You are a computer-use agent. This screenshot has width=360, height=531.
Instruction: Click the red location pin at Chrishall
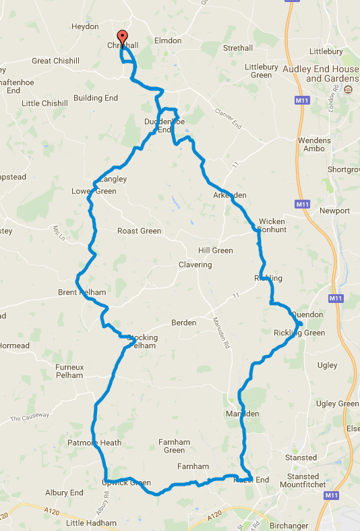[122, 37]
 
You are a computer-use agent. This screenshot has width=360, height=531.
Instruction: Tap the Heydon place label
[85, 27]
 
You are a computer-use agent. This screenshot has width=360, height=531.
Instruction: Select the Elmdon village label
[168, 40]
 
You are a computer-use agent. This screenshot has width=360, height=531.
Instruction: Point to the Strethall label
[237, 49]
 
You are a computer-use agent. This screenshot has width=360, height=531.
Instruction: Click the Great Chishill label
[51, 61]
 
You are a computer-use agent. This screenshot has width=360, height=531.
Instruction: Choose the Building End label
[96, 98]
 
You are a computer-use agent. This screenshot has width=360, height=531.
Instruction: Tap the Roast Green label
[139, 231]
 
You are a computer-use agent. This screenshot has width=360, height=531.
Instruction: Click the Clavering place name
[195, 264]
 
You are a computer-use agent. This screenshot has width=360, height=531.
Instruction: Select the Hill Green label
[215, 250]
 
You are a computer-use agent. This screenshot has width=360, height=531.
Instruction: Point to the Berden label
[183, 323]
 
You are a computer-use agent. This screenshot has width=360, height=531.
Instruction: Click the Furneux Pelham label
[69, 370]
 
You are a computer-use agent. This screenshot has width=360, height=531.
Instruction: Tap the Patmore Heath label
[94, 443]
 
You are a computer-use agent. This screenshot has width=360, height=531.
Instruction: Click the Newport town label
[334, 211]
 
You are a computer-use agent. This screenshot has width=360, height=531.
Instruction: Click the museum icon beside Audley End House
[349, 90]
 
